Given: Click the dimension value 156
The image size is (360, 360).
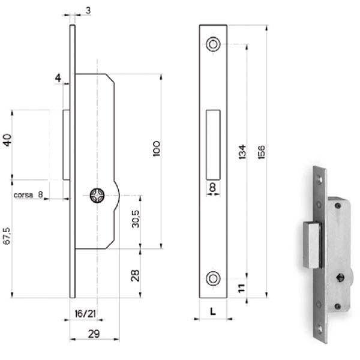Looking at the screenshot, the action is [261, 152].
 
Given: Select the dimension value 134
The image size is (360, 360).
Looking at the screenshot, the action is [242, 152].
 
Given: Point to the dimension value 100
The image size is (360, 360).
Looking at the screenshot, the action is [157, 149].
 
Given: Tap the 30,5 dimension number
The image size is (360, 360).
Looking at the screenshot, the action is [136, 219].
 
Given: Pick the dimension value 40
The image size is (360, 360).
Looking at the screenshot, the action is [7, 140].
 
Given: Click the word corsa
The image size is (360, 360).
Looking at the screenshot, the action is [23, 195].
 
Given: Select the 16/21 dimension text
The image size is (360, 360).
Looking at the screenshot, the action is [85, 314].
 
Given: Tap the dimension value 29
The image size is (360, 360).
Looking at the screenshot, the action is [94, 334].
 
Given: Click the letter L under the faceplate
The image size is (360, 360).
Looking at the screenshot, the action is [213, 311].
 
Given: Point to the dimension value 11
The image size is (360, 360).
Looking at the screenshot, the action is [242, 288].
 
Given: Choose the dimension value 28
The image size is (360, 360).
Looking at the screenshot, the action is [135, 275].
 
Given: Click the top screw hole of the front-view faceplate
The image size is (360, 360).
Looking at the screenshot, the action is [213, 44].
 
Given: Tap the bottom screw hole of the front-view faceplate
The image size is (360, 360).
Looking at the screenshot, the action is [213, 278].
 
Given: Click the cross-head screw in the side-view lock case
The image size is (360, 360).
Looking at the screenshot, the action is [97, 196].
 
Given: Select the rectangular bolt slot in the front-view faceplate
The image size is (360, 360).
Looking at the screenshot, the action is [213, 145].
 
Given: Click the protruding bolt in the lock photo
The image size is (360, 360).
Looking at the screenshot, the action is [312, 245].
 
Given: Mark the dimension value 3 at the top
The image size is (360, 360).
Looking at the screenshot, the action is [88, 11].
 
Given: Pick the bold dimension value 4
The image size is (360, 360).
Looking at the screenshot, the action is [58, 78].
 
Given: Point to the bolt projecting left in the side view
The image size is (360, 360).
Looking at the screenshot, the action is [67, 145].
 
